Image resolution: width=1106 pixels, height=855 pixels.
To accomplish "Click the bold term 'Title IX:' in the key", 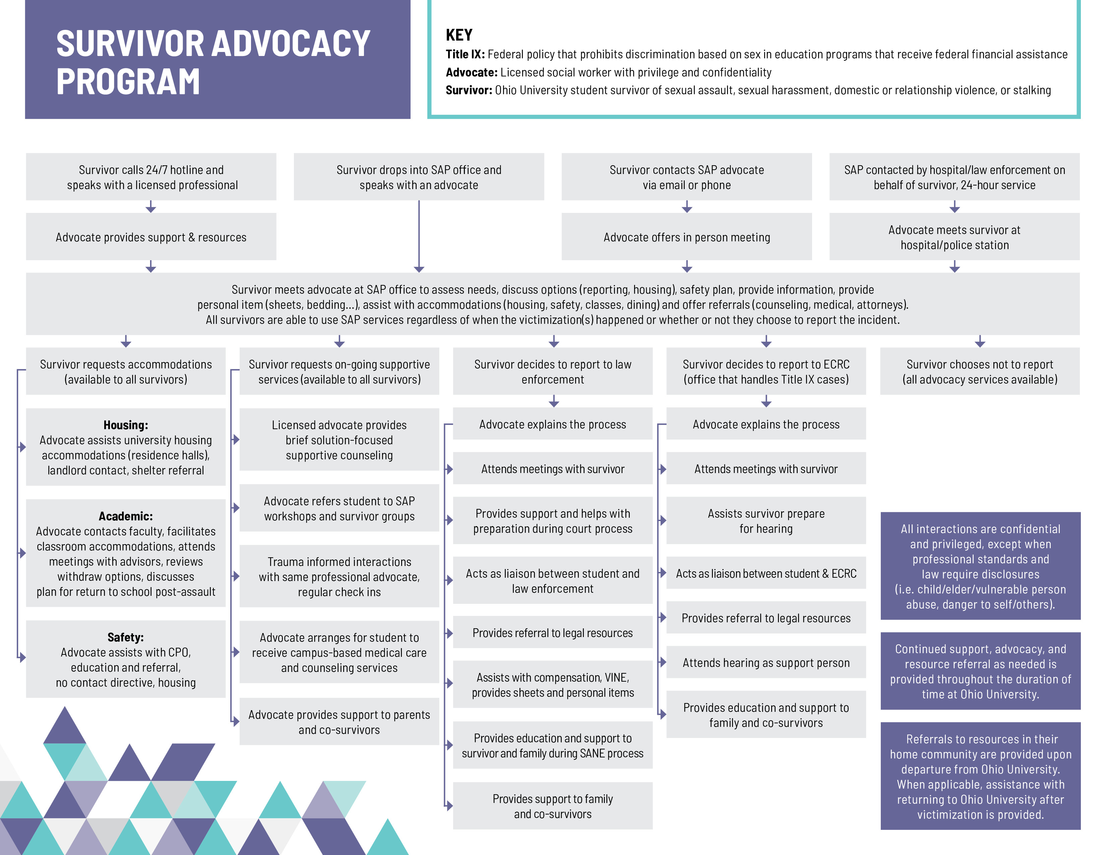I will coord(465,54).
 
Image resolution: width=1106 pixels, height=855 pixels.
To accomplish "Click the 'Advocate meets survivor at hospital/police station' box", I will coord(954,237).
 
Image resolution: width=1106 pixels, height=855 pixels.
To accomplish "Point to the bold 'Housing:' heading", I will coord(126,425).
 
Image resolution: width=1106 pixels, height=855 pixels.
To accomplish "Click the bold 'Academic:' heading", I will coord(126,516).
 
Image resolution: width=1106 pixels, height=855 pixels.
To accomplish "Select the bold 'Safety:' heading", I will coord(126,637).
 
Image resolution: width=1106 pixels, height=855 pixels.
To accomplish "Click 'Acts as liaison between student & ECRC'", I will coord(766,573).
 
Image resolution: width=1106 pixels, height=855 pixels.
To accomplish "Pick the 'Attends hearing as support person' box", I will coord(766,663).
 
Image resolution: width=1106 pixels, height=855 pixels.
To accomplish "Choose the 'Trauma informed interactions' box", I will coord(339,576).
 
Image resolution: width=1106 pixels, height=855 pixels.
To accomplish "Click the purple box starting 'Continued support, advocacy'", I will coord(980,671).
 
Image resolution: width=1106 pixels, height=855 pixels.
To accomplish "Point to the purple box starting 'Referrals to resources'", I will coord(980,777).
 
